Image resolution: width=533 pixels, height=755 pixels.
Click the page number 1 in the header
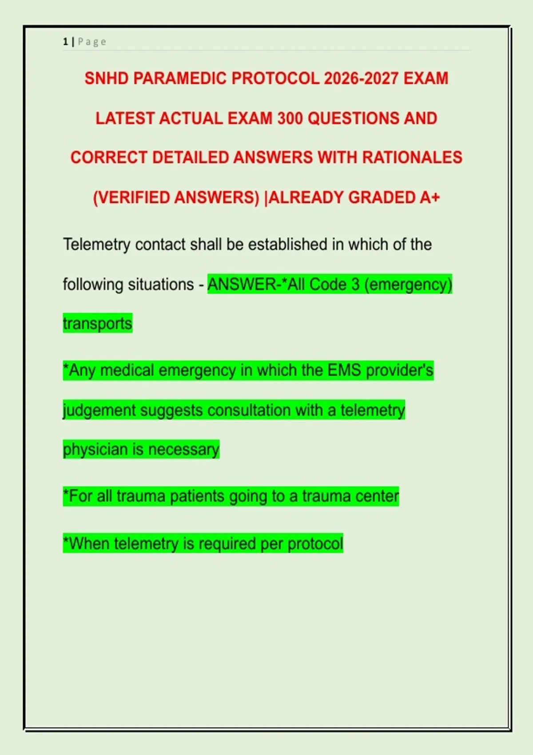(x=65, y=42)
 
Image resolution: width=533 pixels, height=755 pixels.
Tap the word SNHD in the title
(x=107, y=79)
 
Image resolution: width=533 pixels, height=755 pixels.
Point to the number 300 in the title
(x=290, y=118)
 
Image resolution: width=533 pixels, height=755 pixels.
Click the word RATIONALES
(x=412, y=158)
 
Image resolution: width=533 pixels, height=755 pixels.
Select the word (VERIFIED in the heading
(x=131, y=197)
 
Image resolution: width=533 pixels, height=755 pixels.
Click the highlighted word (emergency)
(x=408, y=284)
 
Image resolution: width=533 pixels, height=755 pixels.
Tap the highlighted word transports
(x=98, y=324)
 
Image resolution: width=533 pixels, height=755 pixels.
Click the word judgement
(x=99, y=410)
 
